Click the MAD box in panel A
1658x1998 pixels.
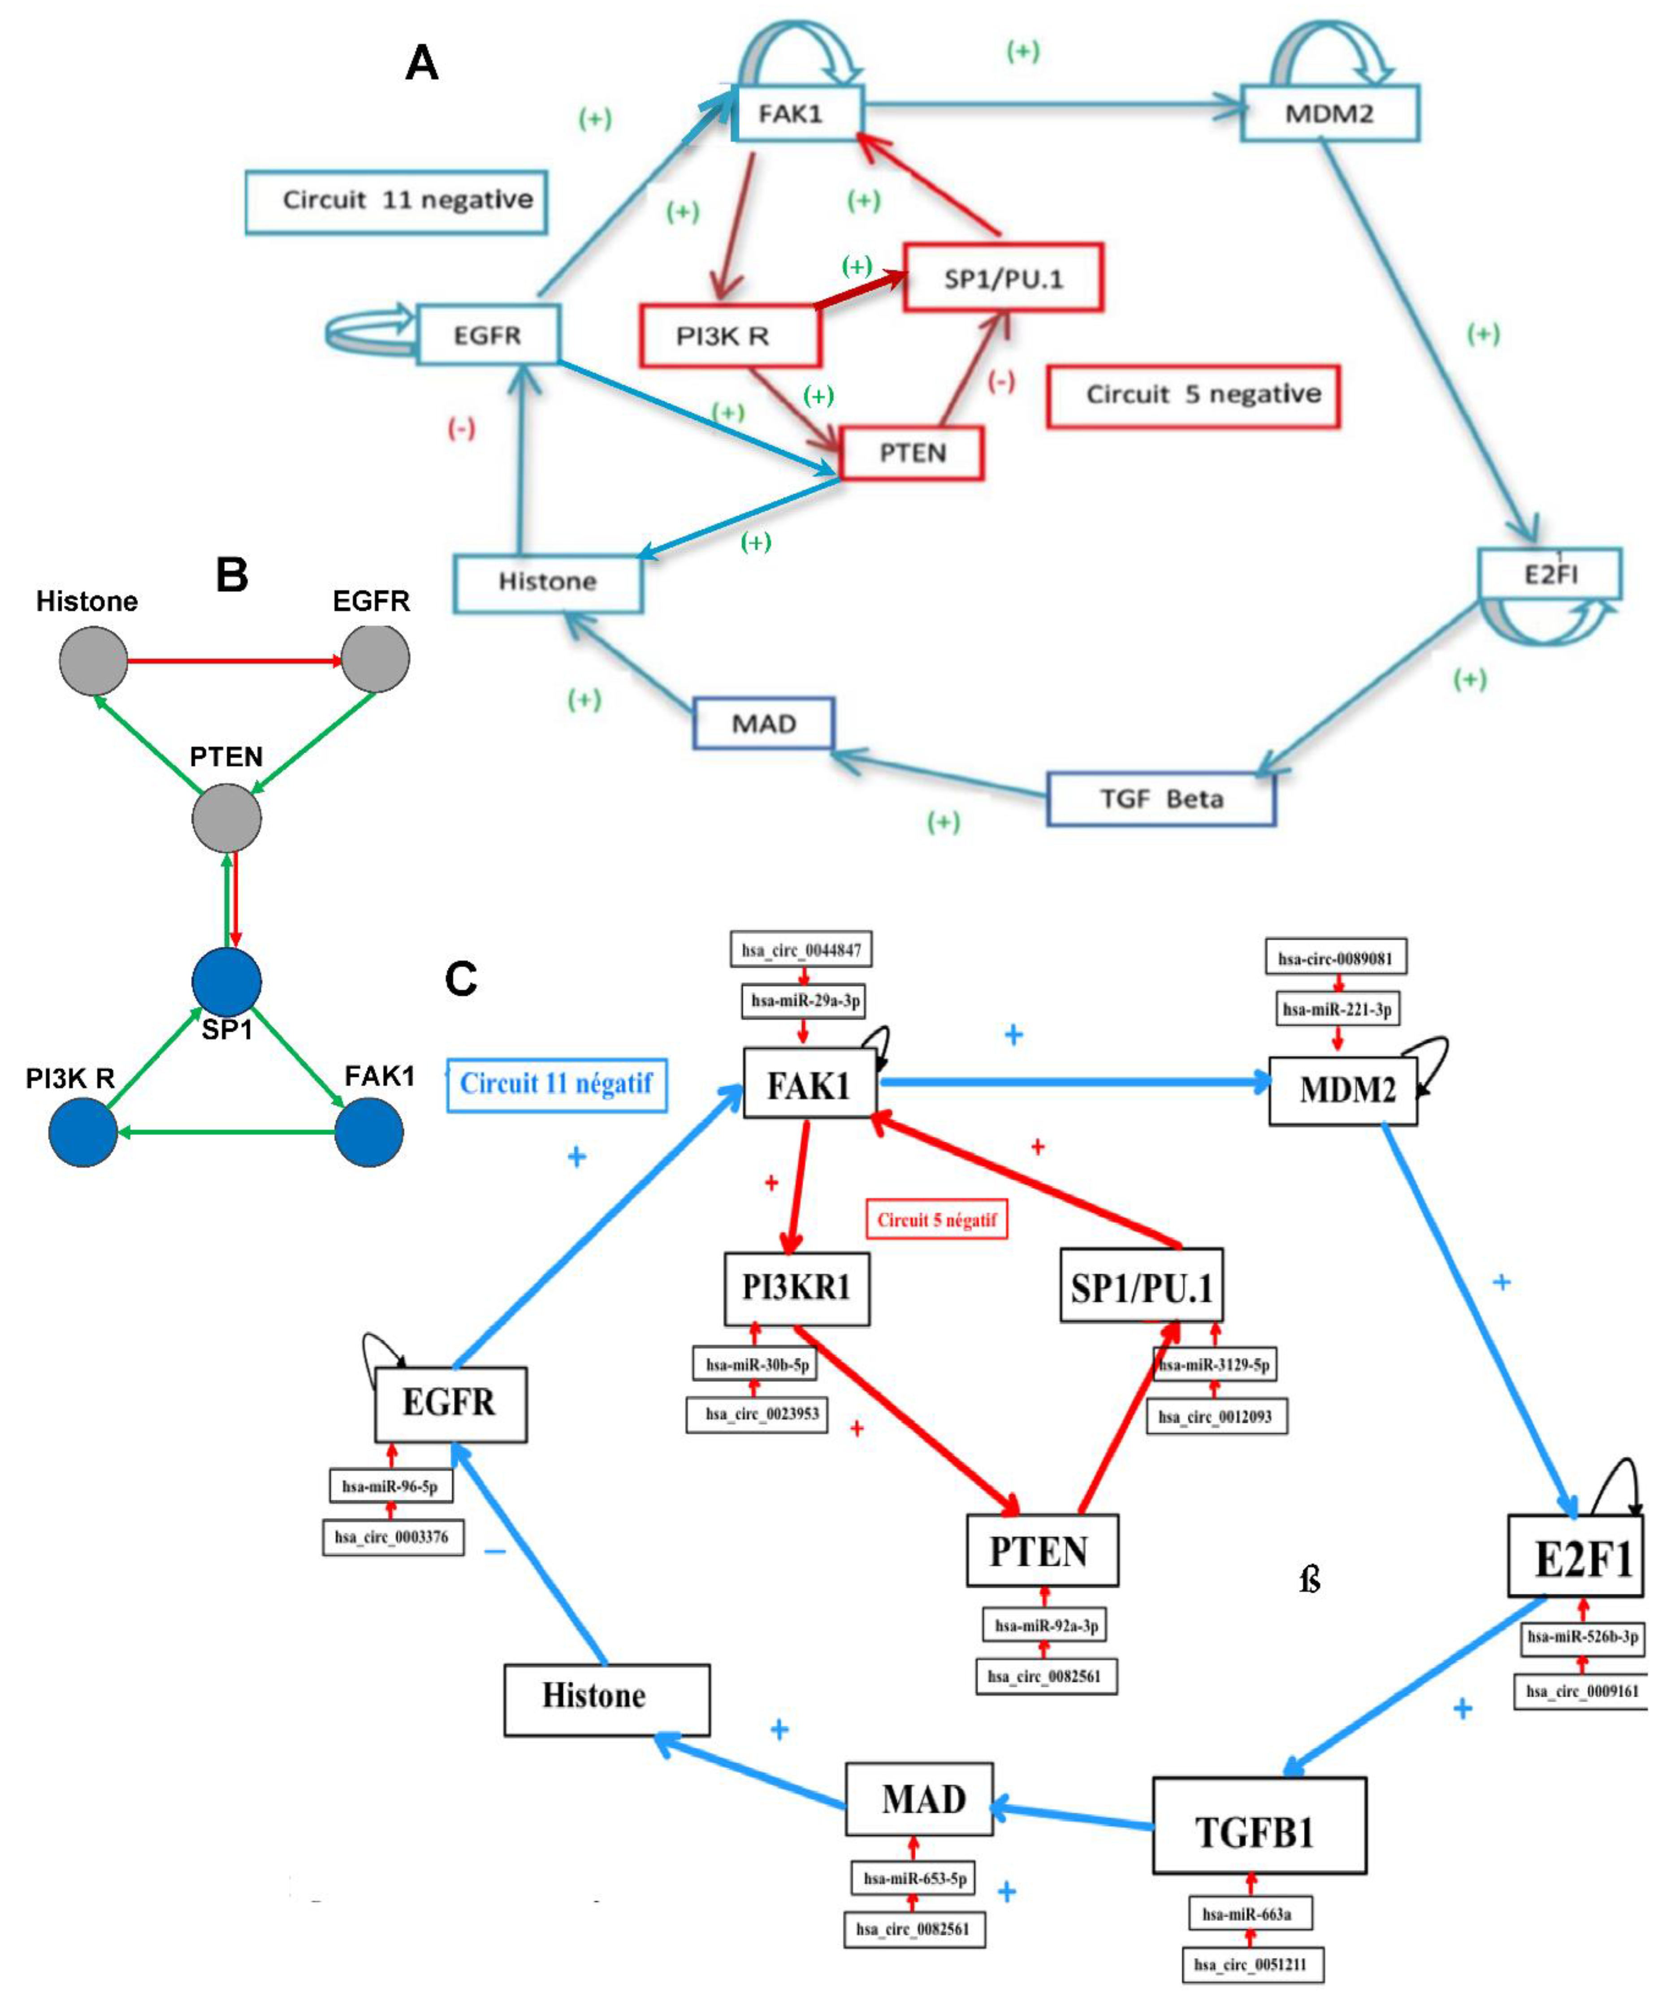tap(763, 724)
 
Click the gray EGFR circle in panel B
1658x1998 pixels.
tap(375, 658)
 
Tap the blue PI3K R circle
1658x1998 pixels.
tap(83, 1132)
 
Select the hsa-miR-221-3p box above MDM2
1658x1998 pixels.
tap(1337, 1010)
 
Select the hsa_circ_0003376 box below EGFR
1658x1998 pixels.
tap(392, 1537)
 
